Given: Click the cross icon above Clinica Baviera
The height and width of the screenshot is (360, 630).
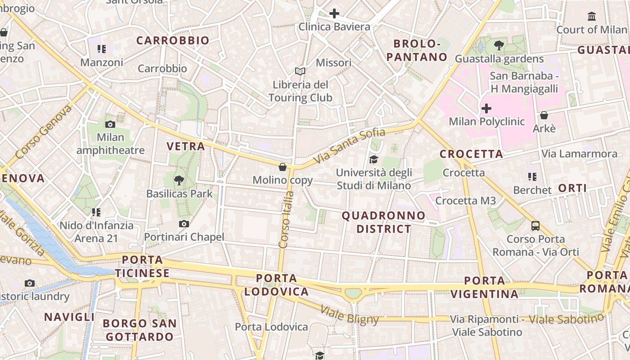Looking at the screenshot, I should pyautogui.click(x=334, y=13).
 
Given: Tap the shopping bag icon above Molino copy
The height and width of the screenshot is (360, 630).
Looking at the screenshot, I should pyautogui.click(x=283, y=167).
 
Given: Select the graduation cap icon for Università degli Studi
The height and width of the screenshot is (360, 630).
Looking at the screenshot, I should pyautogui.click(x=373, y=159).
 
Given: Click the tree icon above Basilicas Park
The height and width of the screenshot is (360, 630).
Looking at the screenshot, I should pyautogui.click(x=179, y=181).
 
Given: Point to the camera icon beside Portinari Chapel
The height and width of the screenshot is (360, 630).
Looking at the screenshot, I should pyautogui.click(x=184, y=224).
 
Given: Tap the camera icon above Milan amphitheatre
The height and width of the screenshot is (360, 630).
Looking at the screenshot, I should pyautogui.click(x=110, y=124).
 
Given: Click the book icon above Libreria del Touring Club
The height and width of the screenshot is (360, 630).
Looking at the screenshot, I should pyautogui.click(x=300, y=71).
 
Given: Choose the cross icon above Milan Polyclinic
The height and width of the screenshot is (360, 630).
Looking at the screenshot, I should pyautogui.click(x=486, y=108).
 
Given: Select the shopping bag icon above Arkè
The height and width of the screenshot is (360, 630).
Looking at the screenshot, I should pyautogui.click(x=544, y=115).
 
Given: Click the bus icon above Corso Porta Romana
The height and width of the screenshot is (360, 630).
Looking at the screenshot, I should pyautogui.click(x=535, y=225).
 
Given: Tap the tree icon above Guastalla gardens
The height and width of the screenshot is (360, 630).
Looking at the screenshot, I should pyautogui.click(x=499, y=45).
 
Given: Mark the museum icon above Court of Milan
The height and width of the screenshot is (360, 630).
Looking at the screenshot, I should pyautogui.click(x=592, y=17).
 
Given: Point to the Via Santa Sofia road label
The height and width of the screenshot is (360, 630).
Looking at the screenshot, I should pyautogui.click(x=350, y=146).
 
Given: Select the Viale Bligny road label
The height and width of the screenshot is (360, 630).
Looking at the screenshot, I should pyautogui.click(x=350, y=315).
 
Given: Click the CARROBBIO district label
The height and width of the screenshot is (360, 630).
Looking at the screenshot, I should pyautogui.click(x=173, y=40).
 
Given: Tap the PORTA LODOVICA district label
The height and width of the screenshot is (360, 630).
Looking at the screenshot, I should pyautogui.click(x=277, y=285).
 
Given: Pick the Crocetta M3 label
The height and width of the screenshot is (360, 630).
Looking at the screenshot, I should pyautogui.click(x=466, y=201).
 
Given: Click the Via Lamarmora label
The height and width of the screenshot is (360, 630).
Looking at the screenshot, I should pyautogui.click(x=579, y=154).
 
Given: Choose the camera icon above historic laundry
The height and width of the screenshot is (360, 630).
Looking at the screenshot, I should pyautogui.click(x=30, y=283).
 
